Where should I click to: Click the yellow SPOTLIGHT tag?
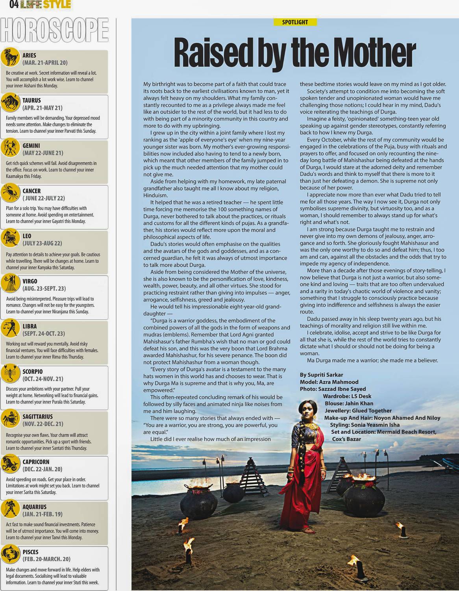pyautogui.click(x=295, y=22)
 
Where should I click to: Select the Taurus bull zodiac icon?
pyautogui.click(x=10, y=103)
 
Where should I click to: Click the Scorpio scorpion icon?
pyautogui.click(x=10, y=374)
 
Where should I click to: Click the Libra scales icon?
pyautogui.click(x=10, y=329)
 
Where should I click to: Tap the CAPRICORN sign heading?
pyautogui.click(x=35, y=461)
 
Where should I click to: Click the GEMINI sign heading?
pyautogui.click(x=31, y=145)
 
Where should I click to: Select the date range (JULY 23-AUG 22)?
pyautogui.click(x=43, y=243)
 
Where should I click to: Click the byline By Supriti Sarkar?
pyautogui.click(x=321, y=375)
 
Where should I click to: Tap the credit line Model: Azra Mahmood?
pyautogui.click(x=329, y=382)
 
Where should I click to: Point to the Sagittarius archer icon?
pyautogui.click(x=10, y=419)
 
